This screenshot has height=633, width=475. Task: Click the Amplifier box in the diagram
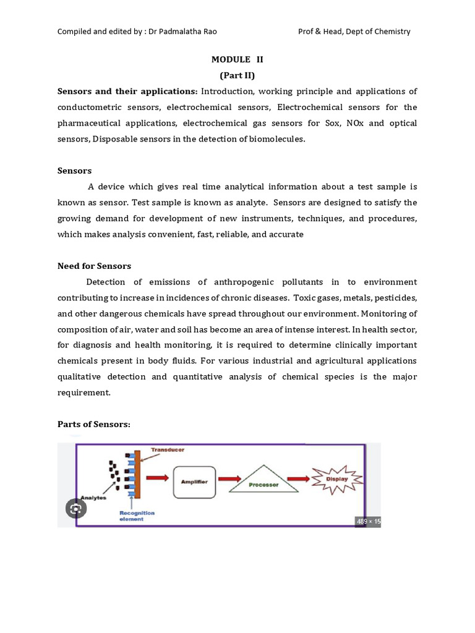[194, 482]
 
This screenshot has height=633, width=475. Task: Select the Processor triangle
[263, 482]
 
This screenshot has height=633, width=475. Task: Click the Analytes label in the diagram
[93, 496]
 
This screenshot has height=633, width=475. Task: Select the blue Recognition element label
[137, 516]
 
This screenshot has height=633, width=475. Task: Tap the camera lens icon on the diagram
[76, 508]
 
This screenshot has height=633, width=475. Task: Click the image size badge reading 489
[368, 522]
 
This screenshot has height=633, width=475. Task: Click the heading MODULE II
[237, 59]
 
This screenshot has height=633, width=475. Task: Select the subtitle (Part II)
[237, 75]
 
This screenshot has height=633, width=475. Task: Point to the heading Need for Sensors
[94, 266]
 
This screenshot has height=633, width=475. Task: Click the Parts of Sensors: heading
[94, 424]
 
